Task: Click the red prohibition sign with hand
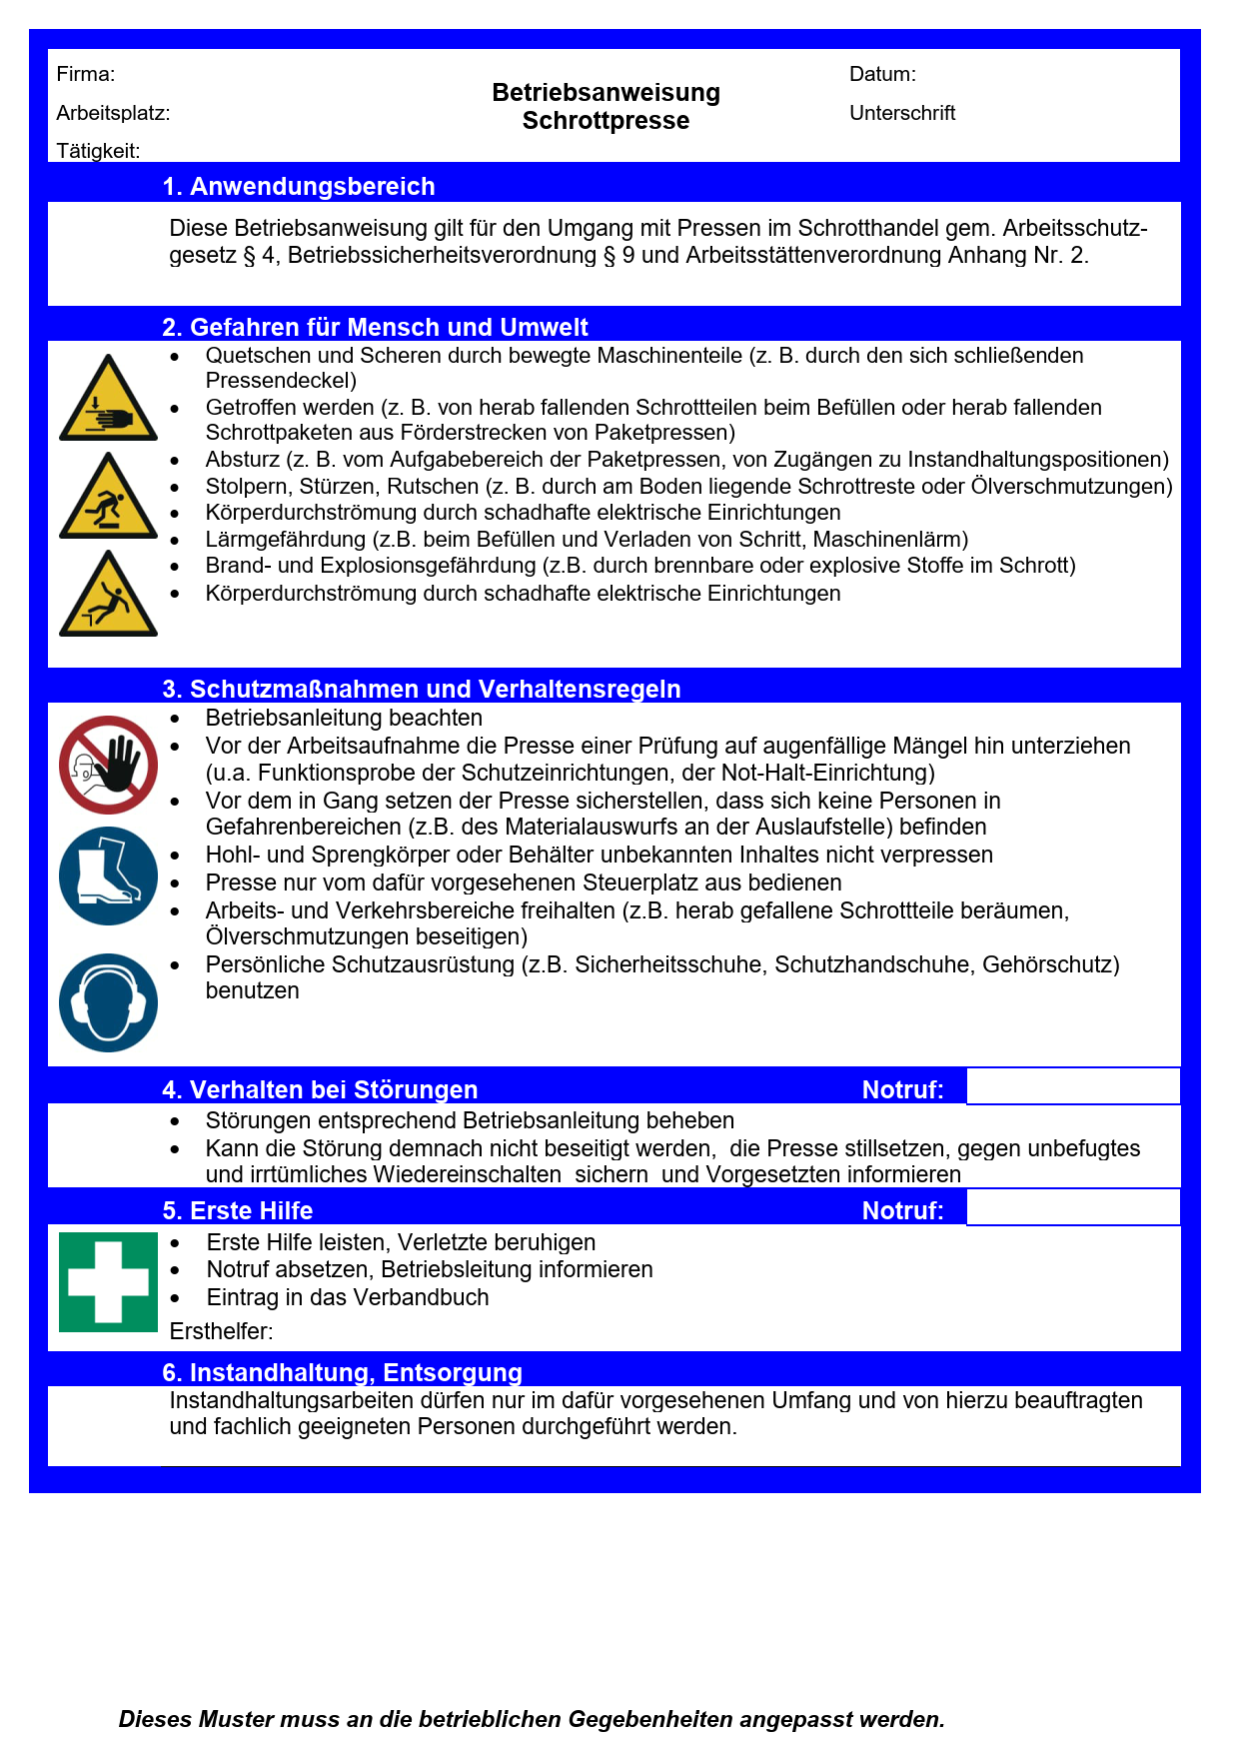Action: (x=108, y=765)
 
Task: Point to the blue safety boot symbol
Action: (x=108, y=876)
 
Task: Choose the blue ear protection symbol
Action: (x=108, y=1002)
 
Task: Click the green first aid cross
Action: (x=108, y=1282)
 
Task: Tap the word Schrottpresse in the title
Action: (x=606, y=121)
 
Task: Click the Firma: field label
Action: (x=86, y=74)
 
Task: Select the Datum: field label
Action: (x=882, y=74)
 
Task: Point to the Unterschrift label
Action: (x=902, y=113)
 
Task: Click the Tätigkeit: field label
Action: (x=98, y=151)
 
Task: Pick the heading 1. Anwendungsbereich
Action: (x=299, y=187)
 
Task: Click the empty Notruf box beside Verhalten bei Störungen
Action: (x=1073, y=1086)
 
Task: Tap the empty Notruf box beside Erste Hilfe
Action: (x=1073, y=1207)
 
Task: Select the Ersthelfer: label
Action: (x=221, y=1331)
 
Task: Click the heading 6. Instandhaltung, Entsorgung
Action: (x=342, y=1372)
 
